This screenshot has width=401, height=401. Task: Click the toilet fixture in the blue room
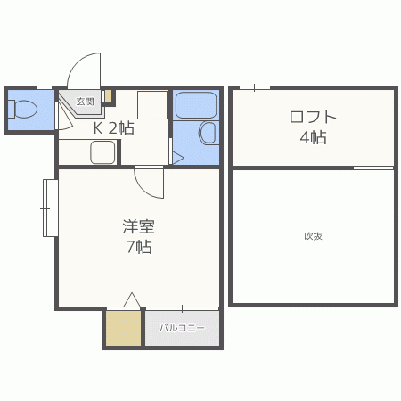pos(22,110)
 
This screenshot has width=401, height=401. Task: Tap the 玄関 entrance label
pos(85,102)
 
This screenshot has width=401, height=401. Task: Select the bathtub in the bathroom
pos(196,105)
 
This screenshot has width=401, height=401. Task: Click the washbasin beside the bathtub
pos(208,133)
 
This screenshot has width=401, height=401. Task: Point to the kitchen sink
pos(102,152)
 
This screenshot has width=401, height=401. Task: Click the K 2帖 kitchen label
pos(114,128)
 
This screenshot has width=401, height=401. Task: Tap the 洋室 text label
pos(139,226)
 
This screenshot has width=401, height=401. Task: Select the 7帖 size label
pos(139,247)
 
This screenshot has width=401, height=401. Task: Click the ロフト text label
pos(313,117)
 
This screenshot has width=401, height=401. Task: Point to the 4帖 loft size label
pos(313,137)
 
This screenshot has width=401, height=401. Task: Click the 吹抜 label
pos(313,236)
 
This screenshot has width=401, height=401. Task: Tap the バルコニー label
pos(182,328)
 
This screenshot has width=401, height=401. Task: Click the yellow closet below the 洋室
pos(123,328)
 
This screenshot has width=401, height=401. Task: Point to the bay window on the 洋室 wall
pos(50,208)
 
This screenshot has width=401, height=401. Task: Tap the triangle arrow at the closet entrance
pos(132,299)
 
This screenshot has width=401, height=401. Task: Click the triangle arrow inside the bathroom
pos(178,158)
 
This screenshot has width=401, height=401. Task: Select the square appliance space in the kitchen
pos(152,105)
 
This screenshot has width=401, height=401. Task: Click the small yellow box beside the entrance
pos(108,96)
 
